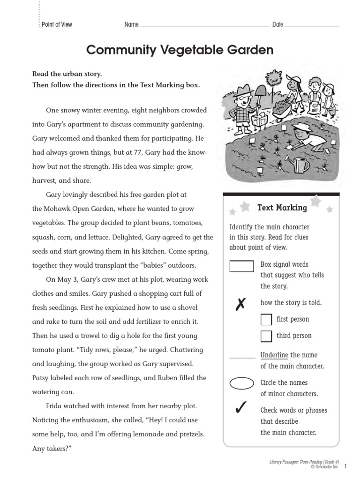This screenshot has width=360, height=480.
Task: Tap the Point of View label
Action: pyautogui.click(x=57, y=24)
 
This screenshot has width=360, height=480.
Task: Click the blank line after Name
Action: pyautogui.click(x=204, y=26)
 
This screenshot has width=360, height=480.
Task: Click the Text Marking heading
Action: pyautogui.click(x=282, y=207)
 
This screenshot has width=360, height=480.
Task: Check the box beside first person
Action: pyautogui.click(x=266, y=320)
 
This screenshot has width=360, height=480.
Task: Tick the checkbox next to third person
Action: pyautogui.click(x=266, y=336)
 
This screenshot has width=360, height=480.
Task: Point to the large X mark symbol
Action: pyautogui.click(x=240, y=305)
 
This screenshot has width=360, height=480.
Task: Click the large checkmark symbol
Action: pyautogui.click(x=240, y=409)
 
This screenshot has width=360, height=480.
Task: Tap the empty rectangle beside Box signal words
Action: pyautogui.click(x=241, y=266)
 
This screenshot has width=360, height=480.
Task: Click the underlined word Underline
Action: pyautogui.click(x=274, y=355)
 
